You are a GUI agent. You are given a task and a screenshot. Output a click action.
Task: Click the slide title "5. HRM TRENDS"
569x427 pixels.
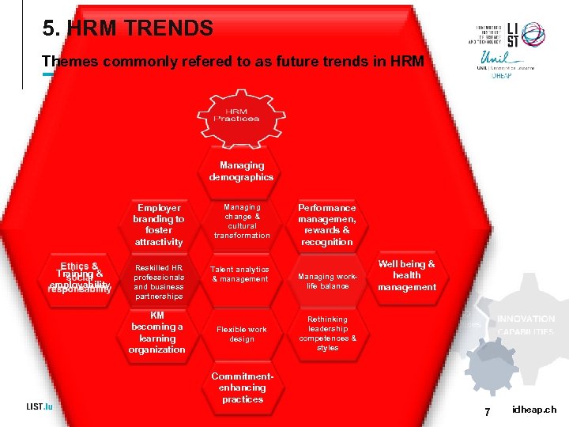click(x=128, y=30)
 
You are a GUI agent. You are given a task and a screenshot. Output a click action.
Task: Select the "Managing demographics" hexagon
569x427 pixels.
click(x=242, y=171)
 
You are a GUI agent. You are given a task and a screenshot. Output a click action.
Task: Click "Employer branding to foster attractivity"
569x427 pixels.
click(x=158, y=225)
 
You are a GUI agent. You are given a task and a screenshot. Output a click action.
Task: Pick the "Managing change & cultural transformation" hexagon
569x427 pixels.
click(x=242, y=221)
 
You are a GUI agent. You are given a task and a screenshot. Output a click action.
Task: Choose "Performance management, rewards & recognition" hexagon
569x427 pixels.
click(x=327, y=225)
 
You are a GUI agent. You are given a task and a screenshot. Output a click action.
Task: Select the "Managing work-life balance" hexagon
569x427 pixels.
click(x=327, y=281)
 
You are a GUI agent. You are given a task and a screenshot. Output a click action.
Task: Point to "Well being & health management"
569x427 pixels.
click(x=407, y=276)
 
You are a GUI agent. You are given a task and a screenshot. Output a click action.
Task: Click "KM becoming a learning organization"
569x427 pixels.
click(x=157, y=332)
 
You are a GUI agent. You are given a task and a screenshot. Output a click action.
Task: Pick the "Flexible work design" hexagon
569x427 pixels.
click(x=242, y=334)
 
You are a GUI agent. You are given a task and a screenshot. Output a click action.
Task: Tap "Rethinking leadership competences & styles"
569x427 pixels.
click(x=327, y=333)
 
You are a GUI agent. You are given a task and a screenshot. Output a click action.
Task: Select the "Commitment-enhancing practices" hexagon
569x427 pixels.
click(x=242, y=387)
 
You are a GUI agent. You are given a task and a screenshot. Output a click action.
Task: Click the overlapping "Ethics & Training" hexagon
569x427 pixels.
click(x=79, y=278)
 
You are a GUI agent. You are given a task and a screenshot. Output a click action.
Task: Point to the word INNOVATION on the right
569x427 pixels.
click(x=526, y=319)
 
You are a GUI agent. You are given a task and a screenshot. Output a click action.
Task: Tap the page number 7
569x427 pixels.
click(x=488, y=410)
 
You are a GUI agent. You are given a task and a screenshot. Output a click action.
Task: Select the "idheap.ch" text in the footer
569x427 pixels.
click(x=533, y=410)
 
